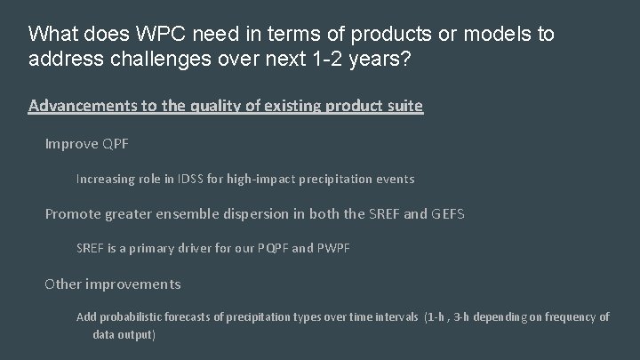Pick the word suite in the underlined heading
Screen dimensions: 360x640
point(404,106)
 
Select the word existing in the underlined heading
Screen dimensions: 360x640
point(292,106)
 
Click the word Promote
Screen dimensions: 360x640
point(74,213)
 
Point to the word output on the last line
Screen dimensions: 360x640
point(136,334)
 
